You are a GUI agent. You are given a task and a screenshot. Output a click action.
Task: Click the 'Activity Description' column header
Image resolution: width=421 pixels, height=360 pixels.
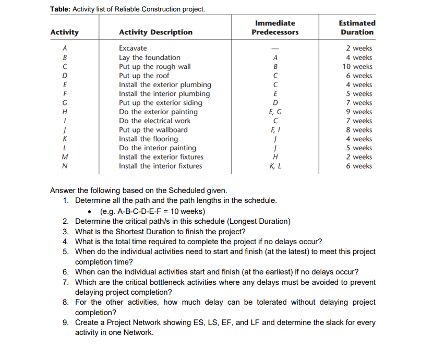point(155,32)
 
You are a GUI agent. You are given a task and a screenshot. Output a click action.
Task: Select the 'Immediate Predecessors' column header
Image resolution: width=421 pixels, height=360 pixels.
point(275,28)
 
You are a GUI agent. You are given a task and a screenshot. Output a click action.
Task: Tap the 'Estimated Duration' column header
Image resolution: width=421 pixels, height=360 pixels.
point(357,28)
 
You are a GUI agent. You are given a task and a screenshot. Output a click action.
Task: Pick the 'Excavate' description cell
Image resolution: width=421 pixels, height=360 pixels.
point(133,49)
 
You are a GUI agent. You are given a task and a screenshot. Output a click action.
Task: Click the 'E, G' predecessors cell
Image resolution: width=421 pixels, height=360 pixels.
point(275,112)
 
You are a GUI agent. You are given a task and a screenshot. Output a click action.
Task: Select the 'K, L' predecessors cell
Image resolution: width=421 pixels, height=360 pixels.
point(275,166)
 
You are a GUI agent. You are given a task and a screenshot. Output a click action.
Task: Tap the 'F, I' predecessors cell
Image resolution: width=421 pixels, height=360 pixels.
point(275,130)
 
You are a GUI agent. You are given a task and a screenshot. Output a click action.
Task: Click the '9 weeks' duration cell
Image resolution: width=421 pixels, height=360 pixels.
point(359,112)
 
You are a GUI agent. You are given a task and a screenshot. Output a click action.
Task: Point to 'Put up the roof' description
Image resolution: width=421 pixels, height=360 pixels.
point(144,76)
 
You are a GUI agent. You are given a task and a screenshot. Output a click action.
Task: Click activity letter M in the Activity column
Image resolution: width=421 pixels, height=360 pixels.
point(64,157)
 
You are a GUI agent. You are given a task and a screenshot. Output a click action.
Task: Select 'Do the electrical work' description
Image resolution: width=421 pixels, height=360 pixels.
point(154,121)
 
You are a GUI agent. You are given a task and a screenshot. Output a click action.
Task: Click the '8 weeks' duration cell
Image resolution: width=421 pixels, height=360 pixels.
point(359,130)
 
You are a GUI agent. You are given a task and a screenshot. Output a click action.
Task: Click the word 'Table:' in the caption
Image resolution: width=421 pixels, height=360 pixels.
point(61,9)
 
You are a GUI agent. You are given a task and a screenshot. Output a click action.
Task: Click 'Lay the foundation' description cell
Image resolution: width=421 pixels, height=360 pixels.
point(149,57)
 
